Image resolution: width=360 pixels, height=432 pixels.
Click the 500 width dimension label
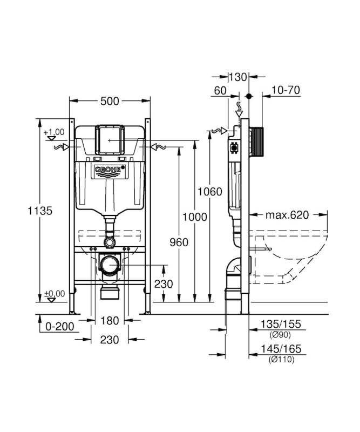click(x=110, y=101)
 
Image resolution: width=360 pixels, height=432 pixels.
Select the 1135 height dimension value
click(x=40, y=211)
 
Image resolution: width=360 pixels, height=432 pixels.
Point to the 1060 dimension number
click(x=210, y=192)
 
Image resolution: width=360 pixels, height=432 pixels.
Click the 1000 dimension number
click(x=195, y=217)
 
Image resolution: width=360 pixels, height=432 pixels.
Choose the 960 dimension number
click(x=179, y=242)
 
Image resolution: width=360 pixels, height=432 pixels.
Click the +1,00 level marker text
click(x=54, y=132)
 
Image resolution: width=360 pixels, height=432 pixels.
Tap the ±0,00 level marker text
click(x=55, y=294)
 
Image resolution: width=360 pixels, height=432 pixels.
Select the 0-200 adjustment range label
click(x=60, y=327)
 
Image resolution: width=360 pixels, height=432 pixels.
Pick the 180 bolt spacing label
click(x=110, y=320)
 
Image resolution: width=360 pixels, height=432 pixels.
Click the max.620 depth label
click(x=287, y=214)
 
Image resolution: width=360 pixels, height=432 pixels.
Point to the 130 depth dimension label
click(x=238, y=77)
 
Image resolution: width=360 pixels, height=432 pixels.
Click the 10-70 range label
click(x=286, y=90)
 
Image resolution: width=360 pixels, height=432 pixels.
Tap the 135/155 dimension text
click(x=281, y=324)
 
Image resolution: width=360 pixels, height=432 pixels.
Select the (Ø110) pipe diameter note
click(x=282, y=359)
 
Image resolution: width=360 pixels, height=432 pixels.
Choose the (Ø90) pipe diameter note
click(x=280, y=335)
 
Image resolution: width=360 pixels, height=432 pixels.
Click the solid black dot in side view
click(x=249, y=96)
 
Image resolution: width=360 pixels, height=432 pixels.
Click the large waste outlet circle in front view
click(x=110, y=265)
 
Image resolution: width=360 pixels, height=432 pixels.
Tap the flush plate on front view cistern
click(x=109, y=140)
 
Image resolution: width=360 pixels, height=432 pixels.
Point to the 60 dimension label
click(x=220, y=90)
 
